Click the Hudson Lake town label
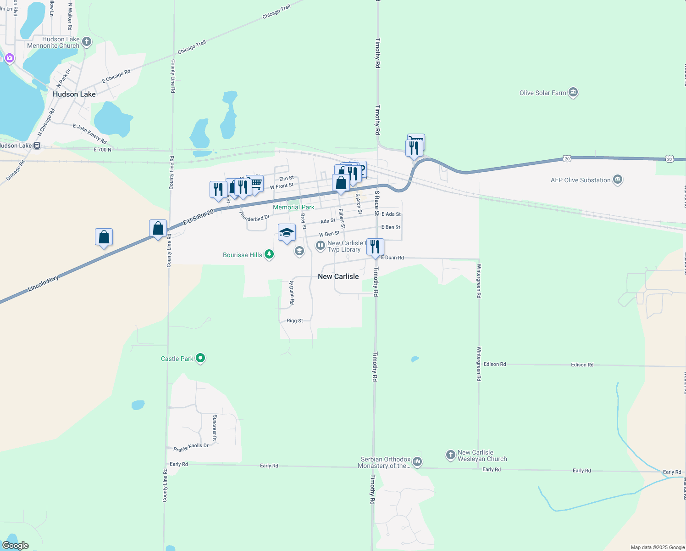click(74, 94)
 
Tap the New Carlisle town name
click(338, 276)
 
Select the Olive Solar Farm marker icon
click(573, 92)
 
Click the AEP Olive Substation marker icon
click(617, 180)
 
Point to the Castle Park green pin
click(200, 358)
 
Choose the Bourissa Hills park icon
click(269, 254)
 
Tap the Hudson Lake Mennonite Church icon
click(86, 42)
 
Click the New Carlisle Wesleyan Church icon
click(451, 455)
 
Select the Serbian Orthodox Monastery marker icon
click(417, 461)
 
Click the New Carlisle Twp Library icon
click(321, 246)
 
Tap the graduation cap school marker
click(287, 232)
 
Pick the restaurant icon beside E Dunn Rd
click(375, 247)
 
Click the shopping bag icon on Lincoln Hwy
click(104, 237)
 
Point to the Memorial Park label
click(293, 207)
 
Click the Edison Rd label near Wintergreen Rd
click(495, 364)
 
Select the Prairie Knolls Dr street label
click(191, 447)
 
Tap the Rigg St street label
click(294, 320)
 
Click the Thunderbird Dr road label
click(254, 217)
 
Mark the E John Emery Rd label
click(90, 134)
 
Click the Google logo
click(16, 545)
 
